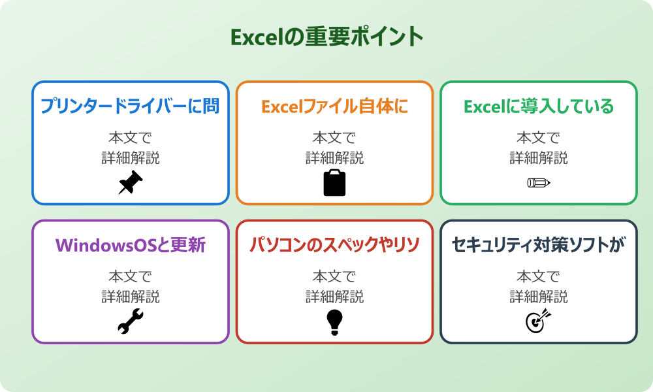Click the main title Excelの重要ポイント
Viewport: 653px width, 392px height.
coord(326,37)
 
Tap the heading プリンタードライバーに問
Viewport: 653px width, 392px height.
coord(130,106)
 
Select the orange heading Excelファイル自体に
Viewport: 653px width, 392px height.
coord(334,106)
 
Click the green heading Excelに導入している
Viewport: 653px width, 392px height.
coord(539,106)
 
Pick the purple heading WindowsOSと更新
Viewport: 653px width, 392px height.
coord(130,245)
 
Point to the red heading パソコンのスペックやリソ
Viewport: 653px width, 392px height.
coord(334,245)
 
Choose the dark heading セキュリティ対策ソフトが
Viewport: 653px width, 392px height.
coord(539,245)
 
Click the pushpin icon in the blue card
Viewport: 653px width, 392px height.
coord(130,183)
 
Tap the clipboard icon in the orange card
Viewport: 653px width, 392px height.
coord(334,183)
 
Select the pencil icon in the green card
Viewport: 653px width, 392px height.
coord(539,183)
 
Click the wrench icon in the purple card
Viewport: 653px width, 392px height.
coord(130,321)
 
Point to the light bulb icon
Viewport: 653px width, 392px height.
coord(334,321)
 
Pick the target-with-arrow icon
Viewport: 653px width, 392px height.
coord(539,321)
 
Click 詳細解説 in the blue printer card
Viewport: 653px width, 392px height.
coord(130,158)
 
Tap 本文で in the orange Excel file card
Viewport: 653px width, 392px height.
coord(334,138)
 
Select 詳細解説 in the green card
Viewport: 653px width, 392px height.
coord(539,158)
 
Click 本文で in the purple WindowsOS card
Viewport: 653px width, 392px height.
coord(130,276)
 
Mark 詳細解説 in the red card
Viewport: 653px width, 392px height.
coord(334,297)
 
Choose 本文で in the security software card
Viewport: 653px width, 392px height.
coord(539,276)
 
